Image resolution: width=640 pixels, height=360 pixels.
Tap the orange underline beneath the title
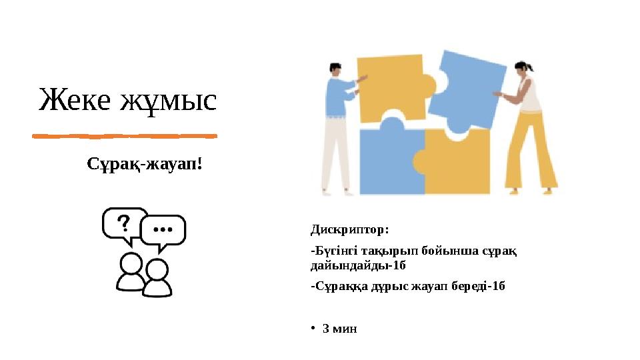click(125, 136)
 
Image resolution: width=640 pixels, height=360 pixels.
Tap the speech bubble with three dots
click(163, 230)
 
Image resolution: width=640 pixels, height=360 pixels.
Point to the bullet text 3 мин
click(339, 329)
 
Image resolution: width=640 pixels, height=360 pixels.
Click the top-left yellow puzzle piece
click(391, 87)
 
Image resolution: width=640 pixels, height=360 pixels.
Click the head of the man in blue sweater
click(335, 69)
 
